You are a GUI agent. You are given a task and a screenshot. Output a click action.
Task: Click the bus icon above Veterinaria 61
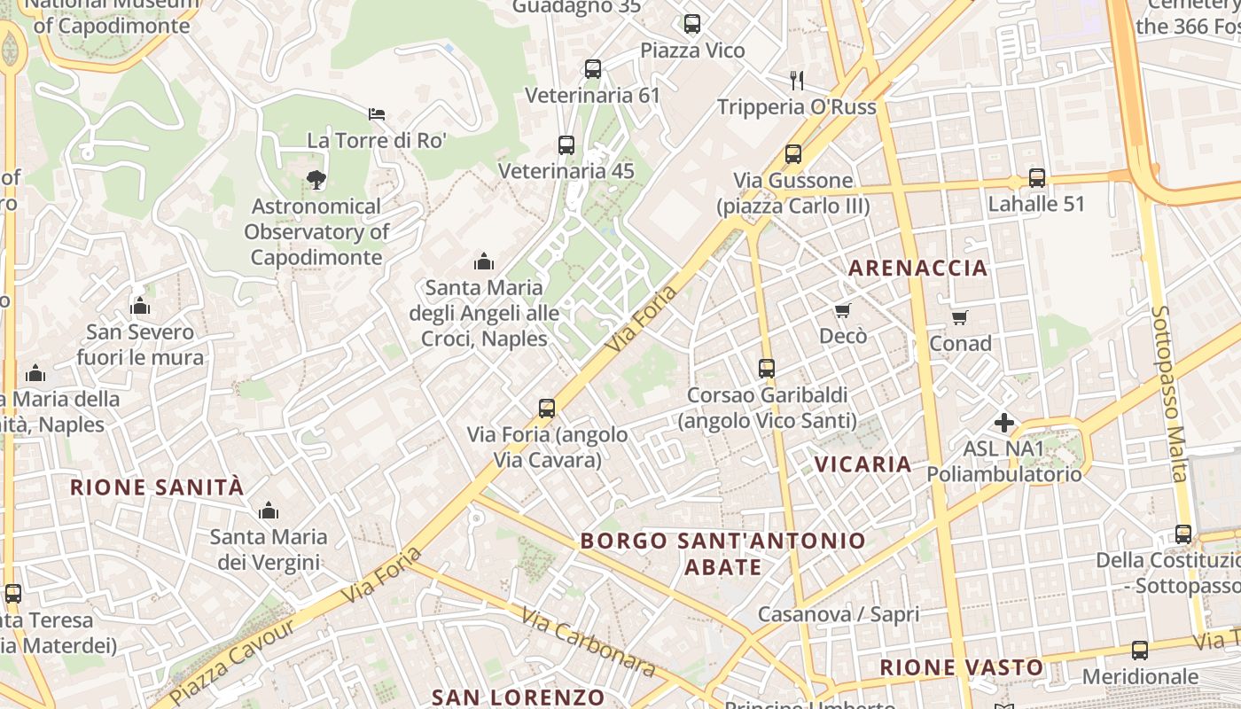pyautogui.click(x=593, y=68)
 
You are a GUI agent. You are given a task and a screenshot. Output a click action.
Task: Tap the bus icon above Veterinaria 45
pyautogui.click(x=566, y=145)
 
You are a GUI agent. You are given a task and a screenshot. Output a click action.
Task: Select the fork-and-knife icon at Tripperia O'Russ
pyautogui.click(x=797, y=81)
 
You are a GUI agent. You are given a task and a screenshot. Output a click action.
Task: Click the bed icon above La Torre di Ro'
pyautogui.click(x=377, y=113)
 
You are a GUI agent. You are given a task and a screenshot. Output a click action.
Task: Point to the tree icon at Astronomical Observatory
pyautogui.click(x=316, y=180)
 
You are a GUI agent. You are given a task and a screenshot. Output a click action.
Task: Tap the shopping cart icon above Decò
pyautogui.click(x=842, y=310)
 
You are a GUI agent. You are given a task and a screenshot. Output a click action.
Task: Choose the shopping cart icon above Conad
pyautogui.click(x=960, y=317)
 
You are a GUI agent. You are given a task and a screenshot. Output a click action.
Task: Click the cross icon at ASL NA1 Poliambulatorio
pyautogui.click(x=1003, y=423)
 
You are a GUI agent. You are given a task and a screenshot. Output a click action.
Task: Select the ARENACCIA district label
pyautogui.click(x=917, y=268)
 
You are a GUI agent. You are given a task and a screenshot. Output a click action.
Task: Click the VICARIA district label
pyautogui.click(x=862, y=464)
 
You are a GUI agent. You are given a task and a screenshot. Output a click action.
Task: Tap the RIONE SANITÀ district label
pyautogui.click(x=157, y=487)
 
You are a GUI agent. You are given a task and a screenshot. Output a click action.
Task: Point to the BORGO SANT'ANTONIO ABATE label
pyautogui.click(x=722, y=553)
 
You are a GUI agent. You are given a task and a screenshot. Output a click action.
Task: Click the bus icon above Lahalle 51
pyautogui.click(x=1037, y=177)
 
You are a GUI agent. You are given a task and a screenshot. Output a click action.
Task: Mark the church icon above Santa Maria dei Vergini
pyautogui.click(x=269, y=510)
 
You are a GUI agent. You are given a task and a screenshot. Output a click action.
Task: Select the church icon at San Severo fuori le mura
pyautogui.click(x=140, y=306)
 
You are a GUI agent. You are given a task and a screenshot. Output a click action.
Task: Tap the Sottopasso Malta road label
pyautogui.click(x=1169, y=394)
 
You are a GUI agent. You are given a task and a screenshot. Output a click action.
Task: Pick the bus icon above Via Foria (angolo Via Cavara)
pyautogui.click(x=547, y=409)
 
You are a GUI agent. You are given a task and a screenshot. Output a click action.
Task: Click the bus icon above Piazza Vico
pyautogui.click(x=692, y=24)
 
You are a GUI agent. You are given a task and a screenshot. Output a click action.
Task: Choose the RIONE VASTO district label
pyautogui.click(x=961, y=666)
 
